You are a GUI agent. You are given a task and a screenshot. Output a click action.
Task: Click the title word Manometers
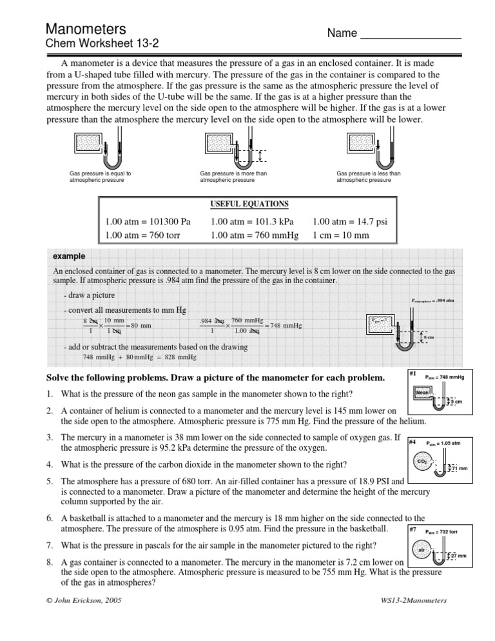click(85, 28)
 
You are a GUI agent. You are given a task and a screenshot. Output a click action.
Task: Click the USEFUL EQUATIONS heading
click(249, 204)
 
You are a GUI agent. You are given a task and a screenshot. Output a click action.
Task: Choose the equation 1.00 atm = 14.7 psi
click(349, 222)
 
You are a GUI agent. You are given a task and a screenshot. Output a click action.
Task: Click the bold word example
click(70, 256)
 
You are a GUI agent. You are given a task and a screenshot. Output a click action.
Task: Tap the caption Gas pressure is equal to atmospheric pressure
click(100, 177)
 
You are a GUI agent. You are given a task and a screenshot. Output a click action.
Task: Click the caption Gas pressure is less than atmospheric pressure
click(369, 177)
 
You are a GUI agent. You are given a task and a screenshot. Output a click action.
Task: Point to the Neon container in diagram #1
click(422, 393)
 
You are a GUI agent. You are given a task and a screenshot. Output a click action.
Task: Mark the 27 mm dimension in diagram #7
click(458, 556)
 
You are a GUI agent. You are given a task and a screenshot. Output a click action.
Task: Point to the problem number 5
click(48, 480)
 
